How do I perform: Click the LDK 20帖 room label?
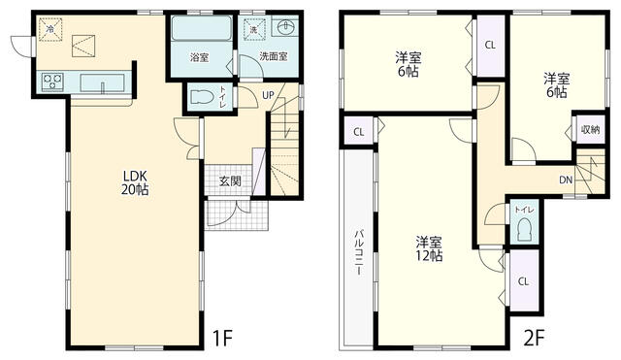pos(135,182)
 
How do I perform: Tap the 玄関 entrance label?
pos(230,181)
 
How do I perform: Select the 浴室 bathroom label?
pos(199,57)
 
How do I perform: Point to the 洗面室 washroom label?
pos(274,56)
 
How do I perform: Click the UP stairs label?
pos(268,95)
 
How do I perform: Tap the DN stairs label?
pos(566,180)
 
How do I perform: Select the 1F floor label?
pos(222,338)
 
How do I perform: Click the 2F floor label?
pos(535,338)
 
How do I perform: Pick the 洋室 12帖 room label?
pos(429,248)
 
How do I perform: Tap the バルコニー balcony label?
pos(358,252)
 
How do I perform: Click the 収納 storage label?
pos(591,129)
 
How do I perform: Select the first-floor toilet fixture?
pos(202,97)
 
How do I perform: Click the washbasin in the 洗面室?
pos(284,28)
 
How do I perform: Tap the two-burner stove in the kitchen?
pos(52,82)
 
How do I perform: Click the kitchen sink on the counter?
pos(102,83)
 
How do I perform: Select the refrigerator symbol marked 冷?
pos(50,29)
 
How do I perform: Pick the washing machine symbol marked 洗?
pos(253,29)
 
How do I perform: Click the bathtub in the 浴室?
pos(202,28)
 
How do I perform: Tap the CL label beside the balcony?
pos(359,132)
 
